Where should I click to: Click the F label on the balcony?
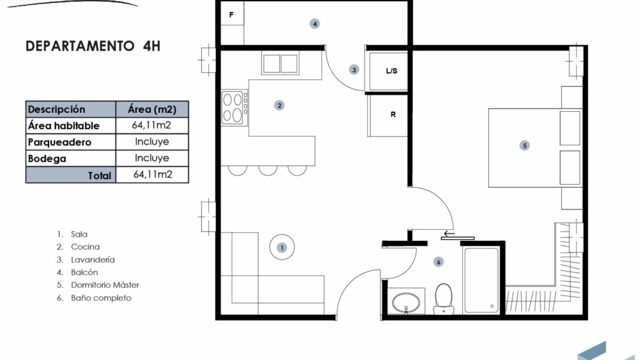(231, 15)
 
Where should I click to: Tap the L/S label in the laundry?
(392, 71)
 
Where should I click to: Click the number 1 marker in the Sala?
(282, 247)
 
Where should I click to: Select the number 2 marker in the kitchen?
(279, 105)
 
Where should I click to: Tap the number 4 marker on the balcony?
(315, 24)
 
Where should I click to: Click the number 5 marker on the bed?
(525, 146)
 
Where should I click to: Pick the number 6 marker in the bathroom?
(438, 262)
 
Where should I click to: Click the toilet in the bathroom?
(444, 299)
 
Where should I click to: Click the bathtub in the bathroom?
(481, 281)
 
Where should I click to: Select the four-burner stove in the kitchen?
(234, 107)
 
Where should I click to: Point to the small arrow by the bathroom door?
(449, 234)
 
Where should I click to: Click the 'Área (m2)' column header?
(152, 109)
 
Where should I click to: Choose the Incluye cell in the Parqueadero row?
(152, 142)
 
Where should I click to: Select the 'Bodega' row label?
(47, 158)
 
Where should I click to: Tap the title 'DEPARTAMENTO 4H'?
(93, 46)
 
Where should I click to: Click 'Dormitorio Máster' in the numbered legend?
(105, 285)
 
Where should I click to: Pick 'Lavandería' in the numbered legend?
(92, 259)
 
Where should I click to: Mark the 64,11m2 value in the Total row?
(153, 175)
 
